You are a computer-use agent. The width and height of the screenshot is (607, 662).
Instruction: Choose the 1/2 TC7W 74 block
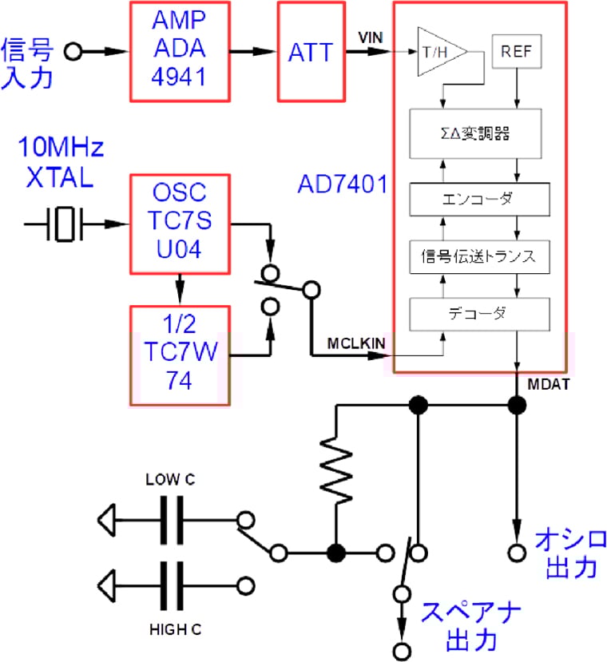[180, 355]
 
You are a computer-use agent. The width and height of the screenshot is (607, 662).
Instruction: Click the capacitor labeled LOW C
[171, 521]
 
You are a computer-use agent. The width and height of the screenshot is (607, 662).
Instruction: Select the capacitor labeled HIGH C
[171, 585]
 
